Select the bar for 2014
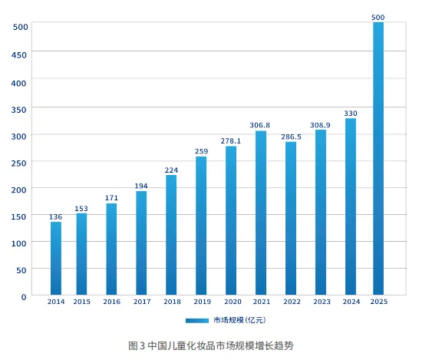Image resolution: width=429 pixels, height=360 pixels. pos(56,258)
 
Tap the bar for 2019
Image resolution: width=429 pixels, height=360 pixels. pos(201,226)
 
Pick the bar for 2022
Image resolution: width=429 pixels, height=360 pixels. pos(290,218)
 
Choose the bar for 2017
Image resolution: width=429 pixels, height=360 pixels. pos(141,243)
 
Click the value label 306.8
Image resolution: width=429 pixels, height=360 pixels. pos(261,125)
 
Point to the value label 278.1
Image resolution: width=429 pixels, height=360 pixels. pos(231,140)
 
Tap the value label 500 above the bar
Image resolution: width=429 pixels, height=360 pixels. pos(378,16)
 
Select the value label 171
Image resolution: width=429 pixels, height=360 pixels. pos(111,198)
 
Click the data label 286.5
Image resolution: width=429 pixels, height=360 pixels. pos(291,137)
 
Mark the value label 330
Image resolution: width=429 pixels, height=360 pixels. pos(351,113)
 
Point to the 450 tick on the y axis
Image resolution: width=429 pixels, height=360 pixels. pos(20,54)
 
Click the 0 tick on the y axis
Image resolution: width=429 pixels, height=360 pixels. pos(24,296)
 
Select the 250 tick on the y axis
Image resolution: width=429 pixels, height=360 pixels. pos(20,163)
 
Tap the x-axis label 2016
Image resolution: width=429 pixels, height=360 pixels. pos(111,302)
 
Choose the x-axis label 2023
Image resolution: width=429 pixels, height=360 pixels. pos(321,302)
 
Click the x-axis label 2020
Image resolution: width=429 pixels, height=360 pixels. pos(231,302)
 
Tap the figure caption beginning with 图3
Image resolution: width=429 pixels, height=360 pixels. pos(211,345)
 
